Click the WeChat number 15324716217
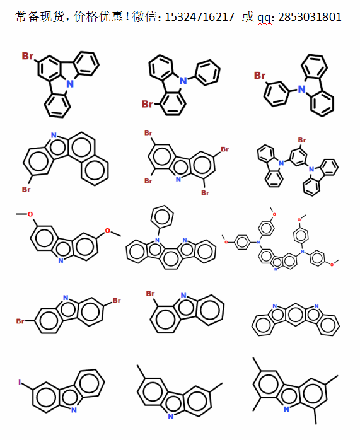point(199,17)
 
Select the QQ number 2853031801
point(310,17)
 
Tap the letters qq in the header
point(264,18)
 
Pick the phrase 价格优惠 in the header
point(98,16)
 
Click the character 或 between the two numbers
point(248,16)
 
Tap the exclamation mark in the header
point(127,16)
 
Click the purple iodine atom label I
point(20,382)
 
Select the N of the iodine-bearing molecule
point(74,410)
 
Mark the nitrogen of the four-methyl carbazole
point(286,409)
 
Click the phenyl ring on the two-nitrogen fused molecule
point(162,217)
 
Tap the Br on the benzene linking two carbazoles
point(302,140)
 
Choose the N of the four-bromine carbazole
point(178,179)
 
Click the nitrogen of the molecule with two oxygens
point(61,261)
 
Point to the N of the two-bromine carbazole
point(66,298)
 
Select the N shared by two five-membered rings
point(70,84)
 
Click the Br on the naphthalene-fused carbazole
point(26,189)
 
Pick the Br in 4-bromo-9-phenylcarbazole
point(148,104)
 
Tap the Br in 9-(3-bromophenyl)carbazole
point(260,76)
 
